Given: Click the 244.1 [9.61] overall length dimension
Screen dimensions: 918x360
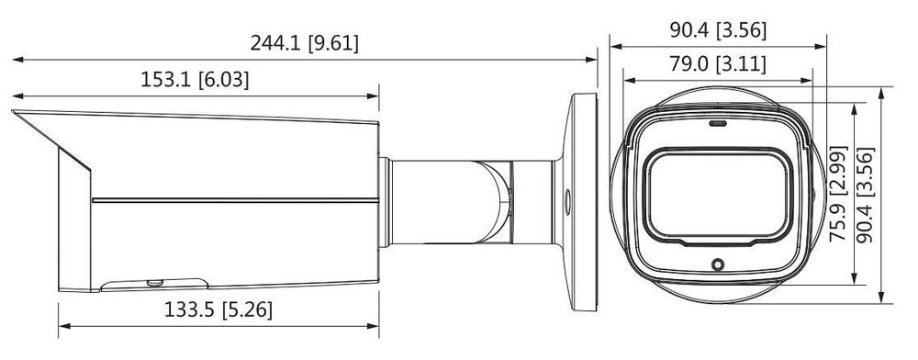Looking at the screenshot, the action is pos(305,43).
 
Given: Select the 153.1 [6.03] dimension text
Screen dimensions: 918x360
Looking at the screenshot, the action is pos(195,80).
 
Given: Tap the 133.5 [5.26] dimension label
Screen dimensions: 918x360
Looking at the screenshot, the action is pos(218,309).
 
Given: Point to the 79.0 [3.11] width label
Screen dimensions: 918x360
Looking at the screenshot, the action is pos(718,63).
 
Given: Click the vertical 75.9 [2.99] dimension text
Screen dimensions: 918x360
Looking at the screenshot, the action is pos(838,194).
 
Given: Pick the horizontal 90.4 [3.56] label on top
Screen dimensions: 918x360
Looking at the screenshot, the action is pos(718,30).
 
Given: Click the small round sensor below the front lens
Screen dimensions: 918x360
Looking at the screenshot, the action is pos(718,264).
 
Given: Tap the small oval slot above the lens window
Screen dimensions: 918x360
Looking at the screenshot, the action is pos(718,123).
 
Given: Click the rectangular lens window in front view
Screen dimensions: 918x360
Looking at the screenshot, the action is pos(718,197).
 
